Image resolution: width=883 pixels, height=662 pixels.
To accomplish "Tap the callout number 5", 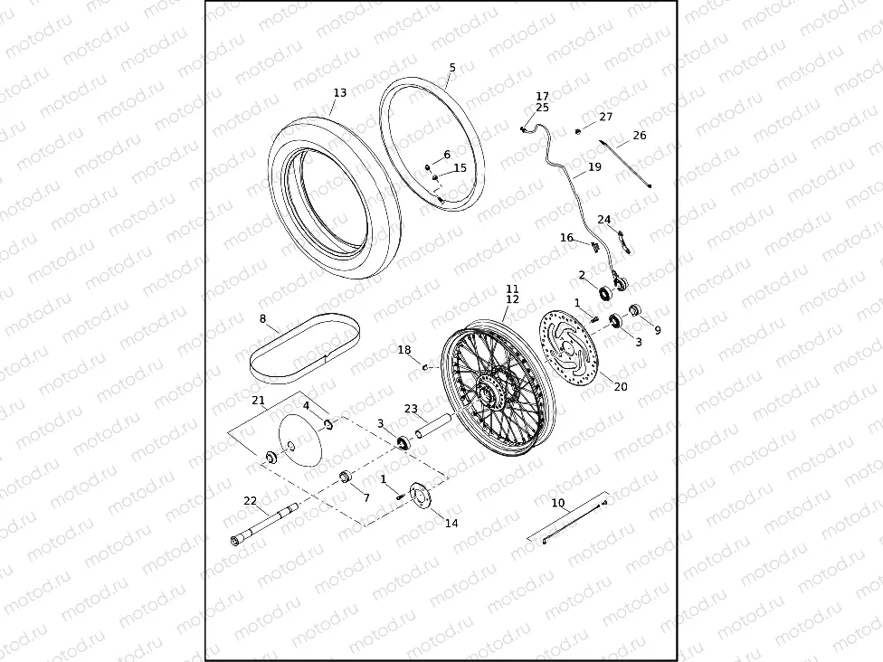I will pos(452,68).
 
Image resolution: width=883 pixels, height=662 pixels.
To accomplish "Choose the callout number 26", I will pos(640,136).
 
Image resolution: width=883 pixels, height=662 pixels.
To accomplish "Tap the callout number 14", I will pos(451,524).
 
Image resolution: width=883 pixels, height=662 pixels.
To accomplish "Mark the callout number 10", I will pos(557,502).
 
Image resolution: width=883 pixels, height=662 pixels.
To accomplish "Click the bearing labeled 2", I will pos(605,292).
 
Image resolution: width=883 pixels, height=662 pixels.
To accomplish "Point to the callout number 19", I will pos(594,166).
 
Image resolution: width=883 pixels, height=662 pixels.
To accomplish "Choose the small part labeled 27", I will pos(579,132).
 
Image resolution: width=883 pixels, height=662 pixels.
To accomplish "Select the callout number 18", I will pos(404,350).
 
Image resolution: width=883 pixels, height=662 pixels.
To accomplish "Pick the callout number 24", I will pos(604,220).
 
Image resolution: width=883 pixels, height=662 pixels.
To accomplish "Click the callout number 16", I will pos(567,238).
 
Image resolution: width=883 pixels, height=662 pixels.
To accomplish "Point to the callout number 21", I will pos(258,400).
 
